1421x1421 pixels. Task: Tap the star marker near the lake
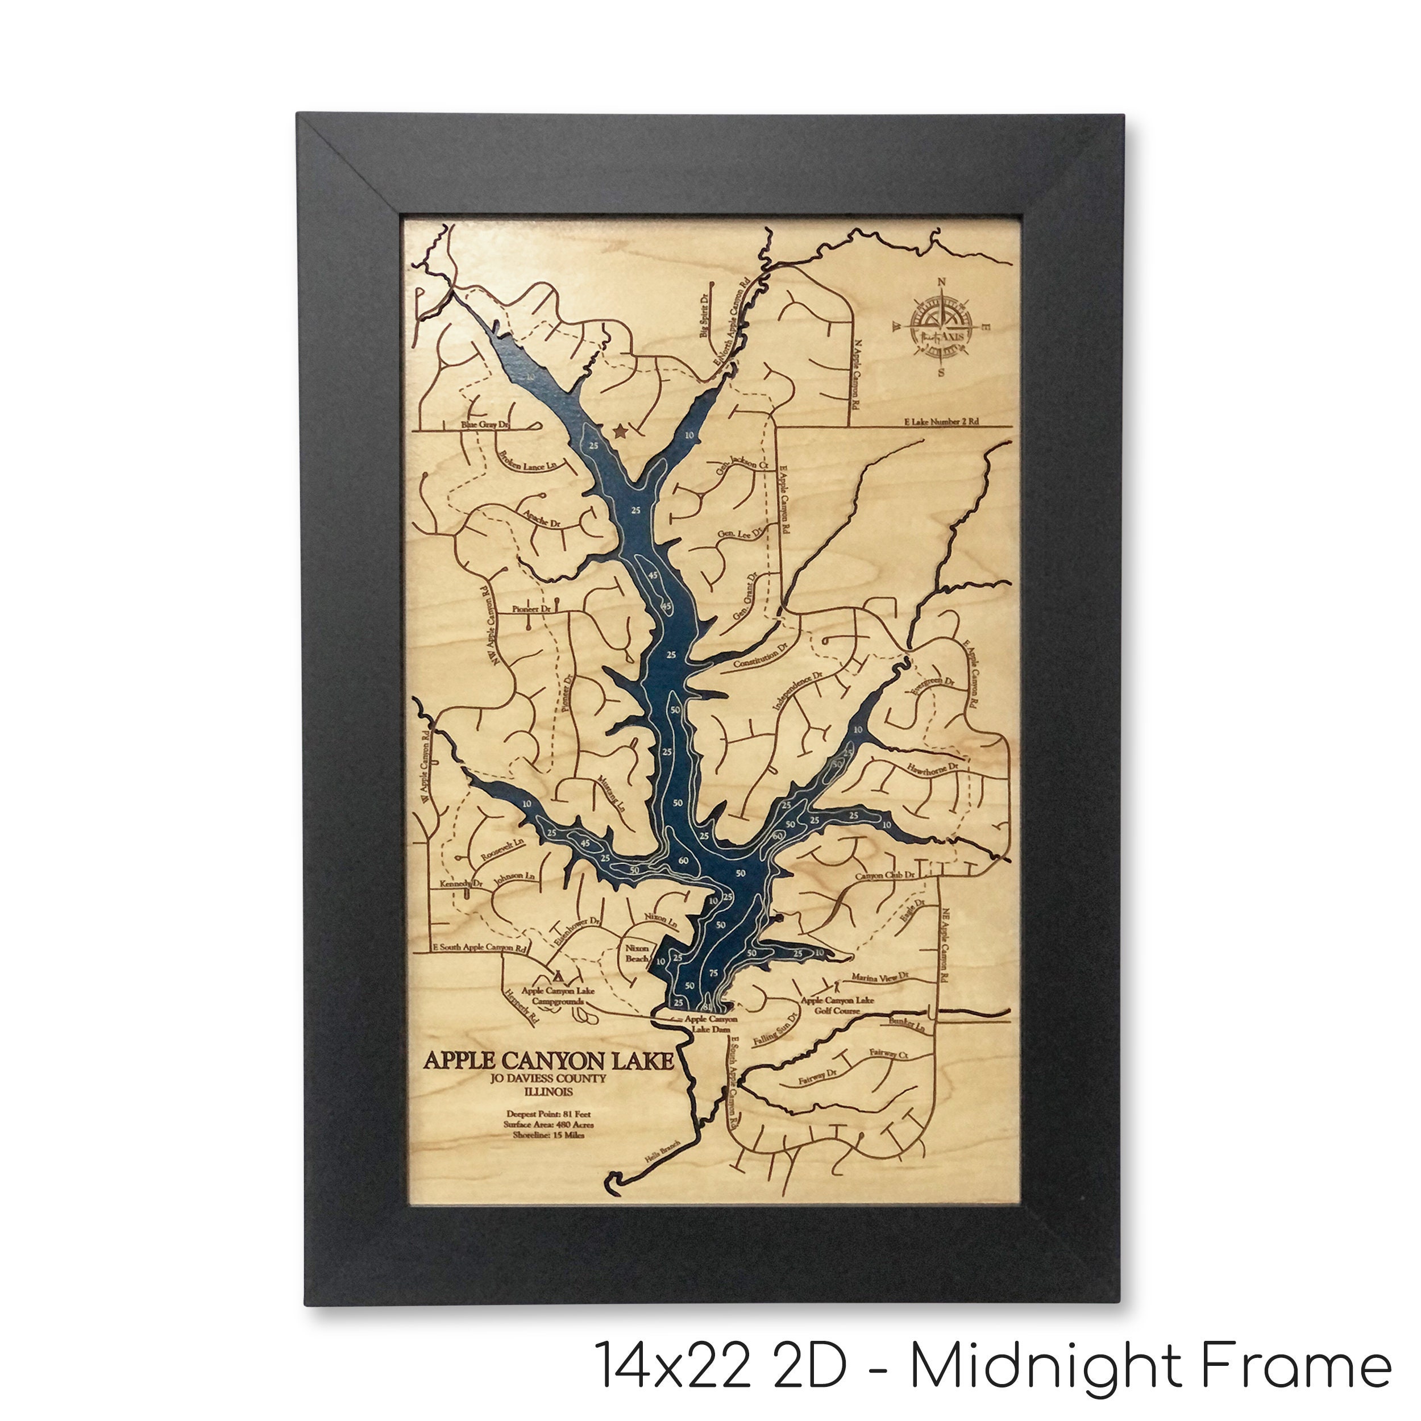pos(620,431)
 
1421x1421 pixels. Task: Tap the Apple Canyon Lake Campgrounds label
pos(558,996)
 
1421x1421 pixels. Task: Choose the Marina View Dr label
pos(880,977)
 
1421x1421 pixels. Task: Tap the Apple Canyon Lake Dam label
pos(710,1025)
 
